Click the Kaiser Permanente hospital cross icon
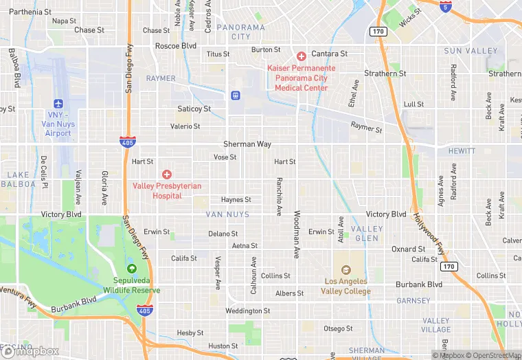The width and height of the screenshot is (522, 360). click(301, 56)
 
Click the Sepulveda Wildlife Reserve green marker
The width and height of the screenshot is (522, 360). click(132, 269)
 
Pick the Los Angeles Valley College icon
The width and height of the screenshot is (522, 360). click(345, 270)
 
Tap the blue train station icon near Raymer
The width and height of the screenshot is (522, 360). click(235, 95)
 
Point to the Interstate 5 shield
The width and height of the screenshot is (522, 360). click(446, 6)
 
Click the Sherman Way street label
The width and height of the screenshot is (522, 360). click(247, 144)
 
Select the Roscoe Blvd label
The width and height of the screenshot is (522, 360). click(176, 46)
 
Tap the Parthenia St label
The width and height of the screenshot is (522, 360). click(30, 12)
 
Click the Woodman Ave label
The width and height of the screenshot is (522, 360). click(297, 234)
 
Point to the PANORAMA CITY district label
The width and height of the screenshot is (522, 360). click(240, 32)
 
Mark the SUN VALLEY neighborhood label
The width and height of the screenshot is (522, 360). click(470, 51)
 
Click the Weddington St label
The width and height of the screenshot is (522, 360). click(248, 311)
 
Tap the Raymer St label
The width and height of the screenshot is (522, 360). click(366, 127)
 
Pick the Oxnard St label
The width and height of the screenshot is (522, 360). click(408, 249)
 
